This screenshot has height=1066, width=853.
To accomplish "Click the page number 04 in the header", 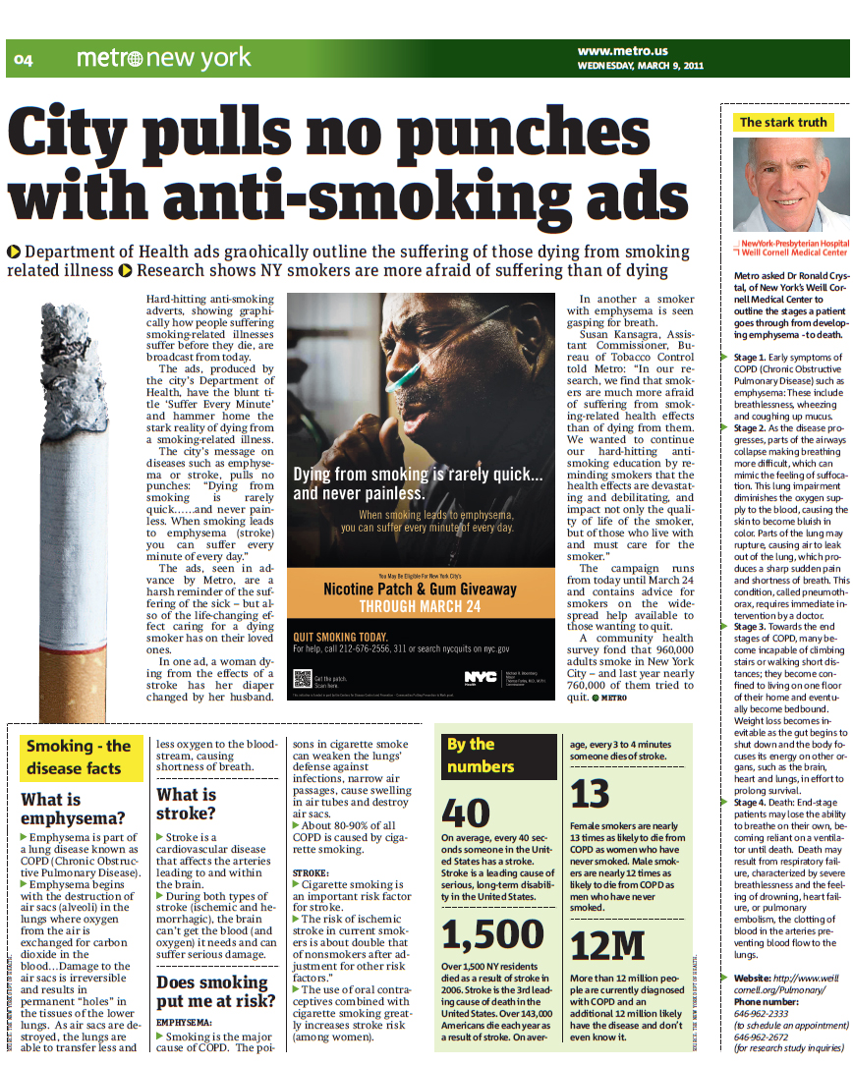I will [x=24, y=61].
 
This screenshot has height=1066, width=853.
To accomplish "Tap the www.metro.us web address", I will [x=622, y=51].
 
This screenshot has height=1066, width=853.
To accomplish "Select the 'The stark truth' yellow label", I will [x=783, y=123].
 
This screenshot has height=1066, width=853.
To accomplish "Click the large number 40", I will [x=466, y=813].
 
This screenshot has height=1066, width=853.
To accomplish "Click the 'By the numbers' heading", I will [x=481, y=755].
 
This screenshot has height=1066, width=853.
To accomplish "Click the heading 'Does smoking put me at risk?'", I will [x=211, y=992].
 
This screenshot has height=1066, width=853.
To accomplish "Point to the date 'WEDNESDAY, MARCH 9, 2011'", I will [x=640, y=66].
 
